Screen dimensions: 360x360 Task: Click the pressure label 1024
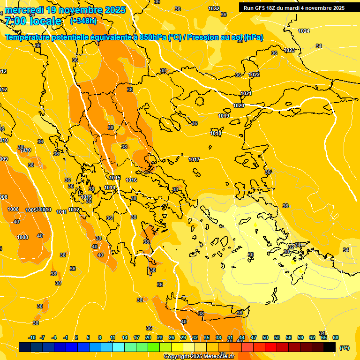click(x=304, y=31)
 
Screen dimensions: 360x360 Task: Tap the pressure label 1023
click(x=289, y=50)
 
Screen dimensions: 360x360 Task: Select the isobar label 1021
click(x=246, y=93)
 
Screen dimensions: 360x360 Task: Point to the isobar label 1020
click(x=239, y=105)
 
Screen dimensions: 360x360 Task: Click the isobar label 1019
click(x=224, y=116)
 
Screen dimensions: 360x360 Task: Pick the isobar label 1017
click(x=194, y=159)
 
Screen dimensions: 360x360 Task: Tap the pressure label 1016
click(x=131, y=180)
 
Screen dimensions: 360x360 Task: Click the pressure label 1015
click(x=115, y=178)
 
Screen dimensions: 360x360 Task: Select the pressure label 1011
click(x=61, y=212)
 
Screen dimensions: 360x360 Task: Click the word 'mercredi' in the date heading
click(x=24, y=10)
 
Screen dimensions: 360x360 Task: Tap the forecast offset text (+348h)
click(x=83, y=21)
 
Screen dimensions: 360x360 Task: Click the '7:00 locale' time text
click(x=33, y=21)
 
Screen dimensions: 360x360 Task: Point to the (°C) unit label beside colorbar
click(x=344, y=347)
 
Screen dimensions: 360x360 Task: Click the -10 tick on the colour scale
click(x=32, y=337)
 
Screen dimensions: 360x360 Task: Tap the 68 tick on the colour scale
click(x=336, y=337)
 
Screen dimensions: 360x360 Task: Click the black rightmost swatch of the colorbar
click(x=330, y=347)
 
